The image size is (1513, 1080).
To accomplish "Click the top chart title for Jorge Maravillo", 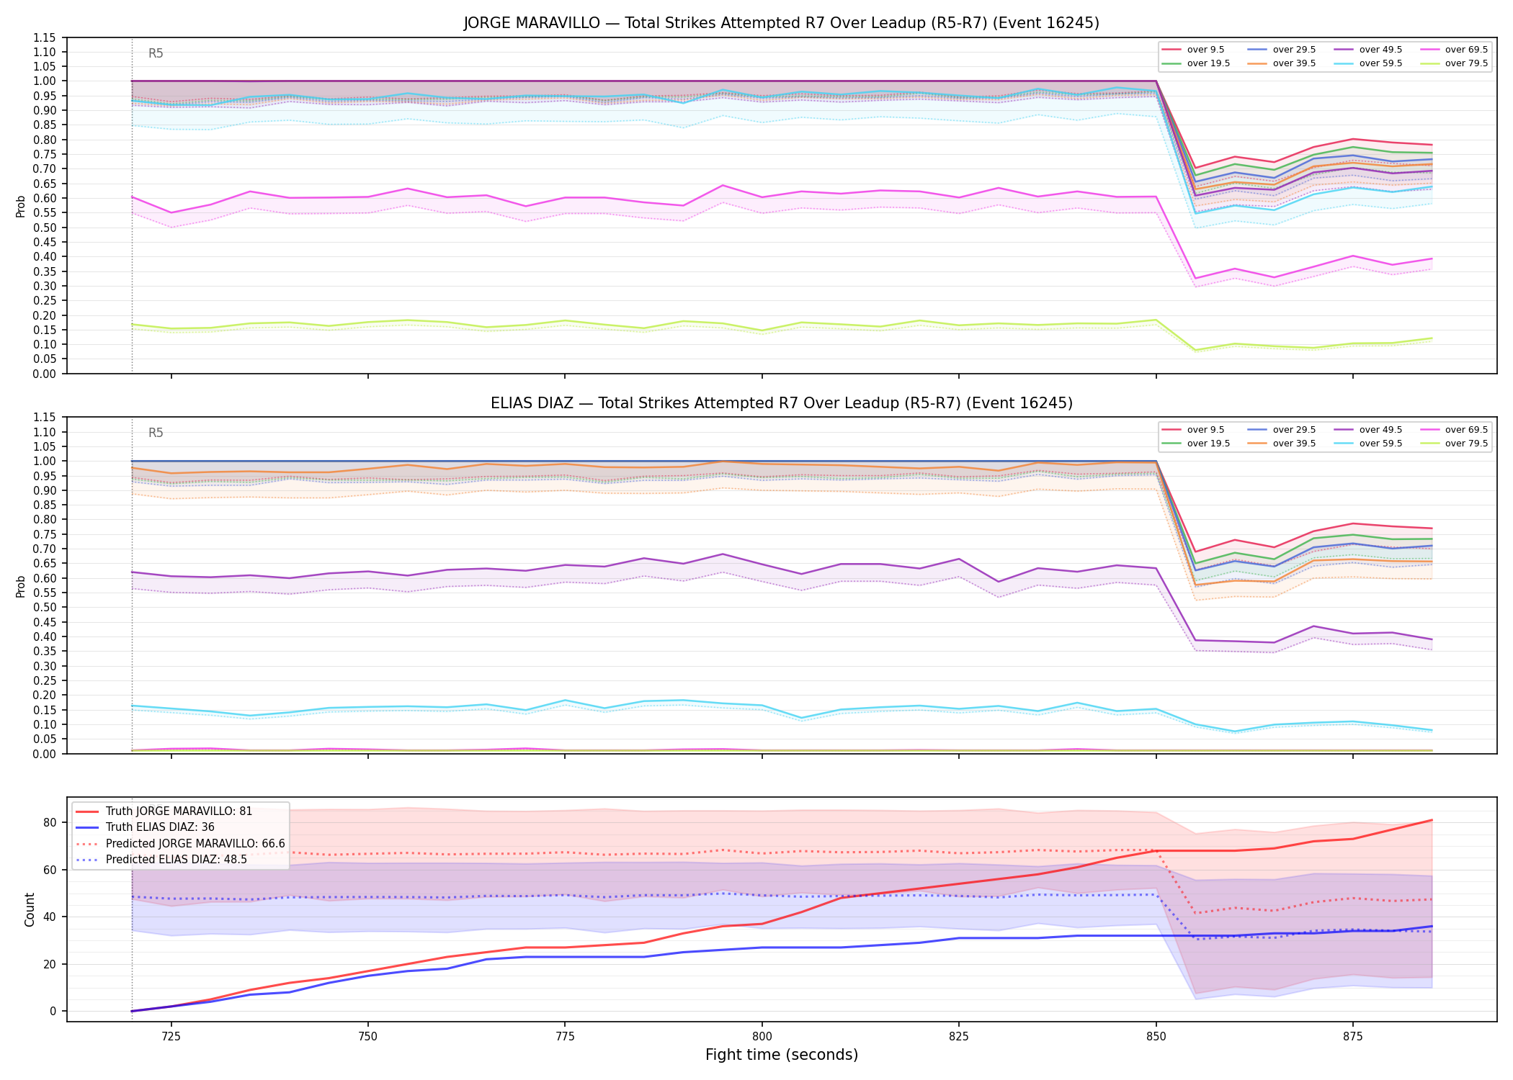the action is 781,23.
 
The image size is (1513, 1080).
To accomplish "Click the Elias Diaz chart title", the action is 781,403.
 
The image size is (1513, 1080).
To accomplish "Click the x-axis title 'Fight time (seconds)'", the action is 782,1055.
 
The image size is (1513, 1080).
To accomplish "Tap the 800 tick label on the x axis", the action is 762,1037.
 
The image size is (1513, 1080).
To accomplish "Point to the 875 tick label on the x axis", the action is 1352,1037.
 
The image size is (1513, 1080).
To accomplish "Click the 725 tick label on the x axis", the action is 171,1037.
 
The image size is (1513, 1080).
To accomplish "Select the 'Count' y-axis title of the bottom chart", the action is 30,909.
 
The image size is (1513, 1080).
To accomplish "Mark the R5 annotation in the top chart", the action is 156,53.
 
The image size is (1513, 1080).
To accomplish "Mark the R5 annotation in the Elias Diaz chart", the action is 156,433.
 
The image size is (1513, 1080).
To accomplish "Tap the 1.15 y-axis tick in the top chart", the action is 45,37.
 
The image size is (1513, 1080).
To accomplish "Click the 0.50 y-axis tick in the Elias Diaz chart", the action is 45,607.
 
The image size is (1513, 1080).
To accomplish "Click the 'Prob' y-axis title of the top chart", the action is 20,206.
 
